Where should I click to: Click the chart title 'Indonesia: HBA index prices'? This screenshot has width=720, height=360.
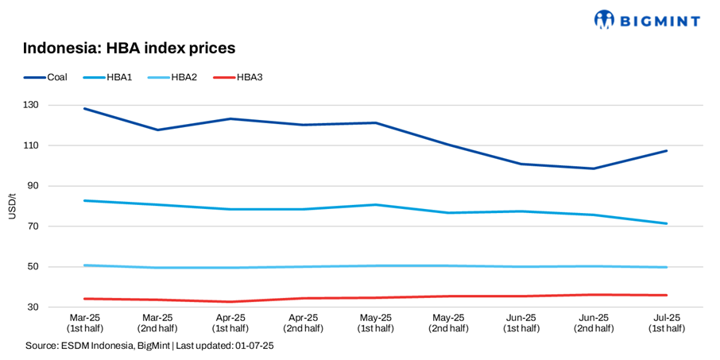130,48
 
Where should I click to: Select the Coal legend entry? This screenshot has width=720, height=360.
46,77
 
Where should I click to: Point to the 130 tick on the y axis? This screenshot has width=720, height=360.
53,106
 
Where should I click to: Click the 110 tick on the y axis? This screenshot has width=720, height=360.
53,146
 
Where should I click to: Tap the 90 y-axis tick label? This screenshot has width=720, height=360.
56,186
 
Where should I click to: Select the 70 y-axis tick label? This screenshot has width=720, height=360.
56,226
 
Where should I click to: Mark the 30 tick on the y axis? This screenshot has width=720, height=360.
56,307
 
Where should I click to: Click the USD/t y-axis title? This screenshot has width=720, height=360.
11,207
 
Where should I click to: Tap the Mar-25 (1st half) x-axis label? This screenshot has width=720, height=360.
83,323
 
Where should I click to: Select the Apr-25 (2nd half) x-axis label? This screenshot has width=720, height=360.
302,323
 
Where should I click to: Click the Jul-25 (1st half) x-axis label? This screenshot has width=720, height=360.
666,323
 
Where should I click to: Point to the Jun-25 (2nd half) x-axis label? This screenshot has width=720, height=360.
593,323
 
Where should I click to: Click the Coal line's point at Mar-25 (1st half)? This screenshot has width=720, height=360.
84,109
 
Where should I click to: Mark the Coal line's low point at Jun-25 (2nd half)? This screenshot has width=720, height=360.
593,168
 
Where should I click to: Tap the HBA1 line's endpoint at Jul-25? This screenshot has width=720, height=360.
666,223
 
